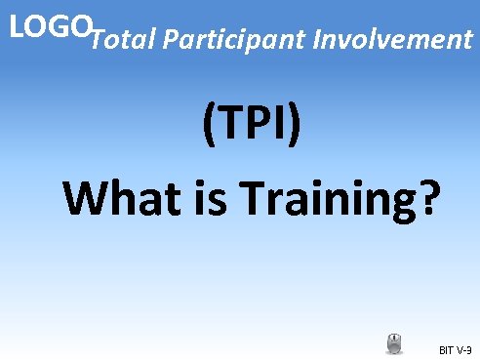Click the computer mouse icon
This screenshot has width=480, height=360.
[x=394, y=343]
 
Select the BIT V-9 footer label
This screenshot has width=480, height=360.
[x=454, y=347]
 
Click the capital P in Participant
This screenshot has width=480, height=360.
[x=174, y=40]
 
